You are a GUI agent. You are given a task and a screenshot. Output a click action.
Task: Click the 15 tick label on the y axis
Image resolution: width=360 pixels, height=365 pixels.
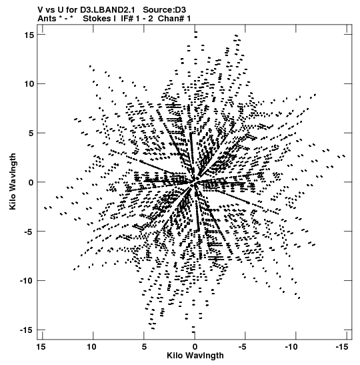pos(29,35)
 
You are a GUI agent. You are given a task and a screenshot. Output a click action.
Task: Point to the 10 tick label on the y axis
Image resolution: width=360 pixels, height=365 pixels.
pos(29,84)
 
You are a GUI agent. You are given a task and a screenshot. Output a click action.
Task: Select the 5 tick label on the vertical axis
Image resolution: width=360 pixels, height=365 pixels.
pos(31,133)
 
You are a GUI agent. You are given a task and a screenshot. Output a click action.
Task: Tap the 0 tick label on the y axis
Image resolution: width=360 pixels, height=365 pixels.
pos(31,182)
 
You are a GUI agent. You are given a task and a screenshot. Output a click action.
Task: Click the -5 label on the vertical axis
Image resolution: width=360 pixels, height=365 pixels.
pos(29,232)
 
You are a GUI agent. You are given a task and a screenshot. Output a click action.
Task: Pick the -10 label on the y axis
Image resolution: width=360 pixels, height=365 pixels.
pos(27,281)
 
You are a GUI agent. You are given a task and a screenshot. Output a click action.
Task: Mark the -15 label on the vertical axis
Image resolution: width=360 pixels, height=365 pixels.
pos(27,330)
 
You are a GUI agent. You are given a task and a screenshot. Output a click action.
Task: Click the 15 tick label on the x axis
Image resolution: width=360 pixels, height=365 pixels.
pos(41,347)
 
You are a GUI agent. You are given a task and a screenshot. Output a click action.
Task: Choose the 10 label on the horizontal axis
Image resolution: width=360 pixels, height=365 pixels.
pos(91,347)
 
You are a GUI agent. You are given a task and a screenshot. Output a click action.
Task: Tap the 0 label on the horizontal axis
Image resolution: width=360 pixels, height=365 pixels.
pos(195,347)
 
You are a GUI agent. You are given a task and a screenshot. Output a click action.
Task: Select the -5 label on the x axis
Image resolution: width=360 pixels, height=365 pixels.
pos(243,347)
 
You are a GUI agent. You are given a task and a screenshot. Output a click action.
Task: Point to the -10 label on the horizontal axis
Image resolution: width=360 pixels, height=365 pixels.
pos(291,347)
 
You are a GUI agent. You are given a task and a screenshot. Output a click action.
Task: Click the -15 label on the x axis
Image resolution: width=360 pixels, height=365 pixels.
pos(342,347)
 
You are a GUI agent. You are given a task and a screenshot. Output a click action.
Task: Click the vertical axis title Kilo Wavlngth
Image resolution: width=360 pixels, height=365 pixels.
pos(13,181)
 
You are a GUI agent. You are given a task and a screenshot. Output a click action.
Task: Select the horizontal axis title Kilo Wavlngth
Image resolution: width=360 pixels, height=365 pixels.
pos(195,356)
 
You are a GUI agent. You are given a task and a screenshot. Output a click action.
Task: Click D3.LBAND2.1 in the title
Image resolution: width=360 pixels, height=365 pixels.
pos(109,10)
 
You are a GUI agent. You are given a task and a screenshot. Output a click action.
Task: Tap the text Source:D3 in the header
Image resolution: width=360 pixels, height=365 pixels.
pos(165,10)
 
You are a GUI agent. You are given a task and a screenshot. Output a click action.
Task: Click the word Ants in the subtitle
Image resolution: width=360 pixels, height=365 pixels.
pos(47,19)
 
